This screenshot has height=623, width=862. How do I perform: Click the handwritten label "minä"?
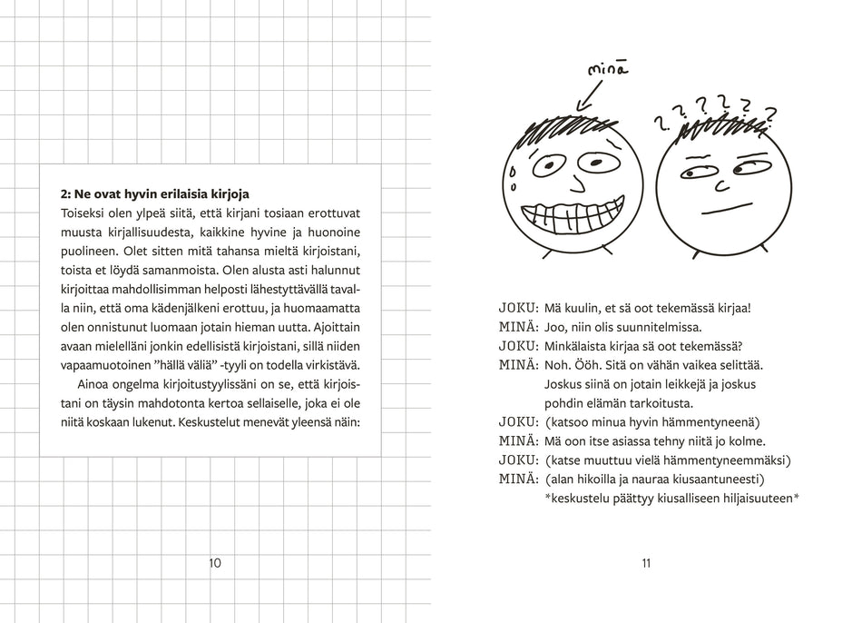click(x=608, y=69)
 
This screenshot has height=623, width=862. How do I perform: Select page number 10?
click(x=215, y=563)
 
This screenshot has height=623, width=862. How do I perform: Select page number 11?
click(x=646, y=563)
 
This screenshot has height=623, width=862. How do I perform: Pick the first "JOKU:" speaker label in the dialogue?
click(x=518, y=309)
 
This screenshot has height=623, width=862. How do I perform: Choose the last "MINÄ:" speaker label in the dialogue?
click(x=518, y=479)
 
